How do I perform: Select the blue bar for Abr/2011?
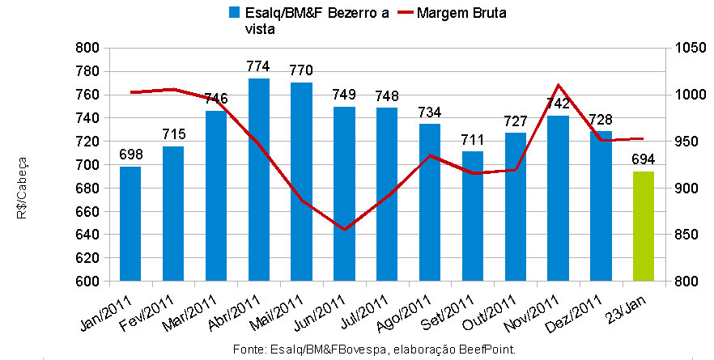click(x=259, y=180)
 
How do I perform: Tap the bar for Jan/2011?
click(x=130, y=224)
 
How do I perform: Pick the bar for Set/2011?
click(x=473, y=216)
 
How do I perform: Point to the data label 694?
click(x=644, y=159)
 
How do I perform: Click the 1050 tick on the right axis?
click(x=685, y=48)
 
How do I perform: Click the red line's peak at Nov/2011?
click(x=559, y=84)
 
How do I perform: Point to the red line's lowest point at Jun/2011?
click(x=345, y=230)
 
